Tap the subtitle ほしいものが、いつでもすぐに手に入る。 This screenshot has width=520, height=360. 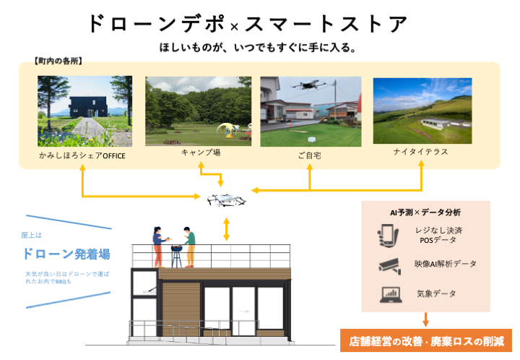tap(259, 48)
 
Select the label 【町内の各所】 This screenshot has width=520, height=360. tap(58, 61)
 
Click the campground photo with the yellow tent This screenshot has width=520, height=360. tap(198, 111)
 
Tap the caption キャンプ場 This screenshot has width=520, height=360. tap(199, 153)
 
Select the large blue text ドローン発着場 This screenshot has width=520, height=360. tap(66, 254)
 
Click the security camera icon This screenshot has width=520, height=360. tap(389, 265)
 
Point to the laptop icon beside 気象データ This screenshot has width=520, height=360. tap(389, 294)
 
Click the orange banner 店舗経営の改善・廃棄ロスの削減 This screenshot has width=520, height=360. tap(425, 340)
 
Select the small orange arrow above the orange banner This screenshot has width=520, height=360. tap(425, 319)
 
